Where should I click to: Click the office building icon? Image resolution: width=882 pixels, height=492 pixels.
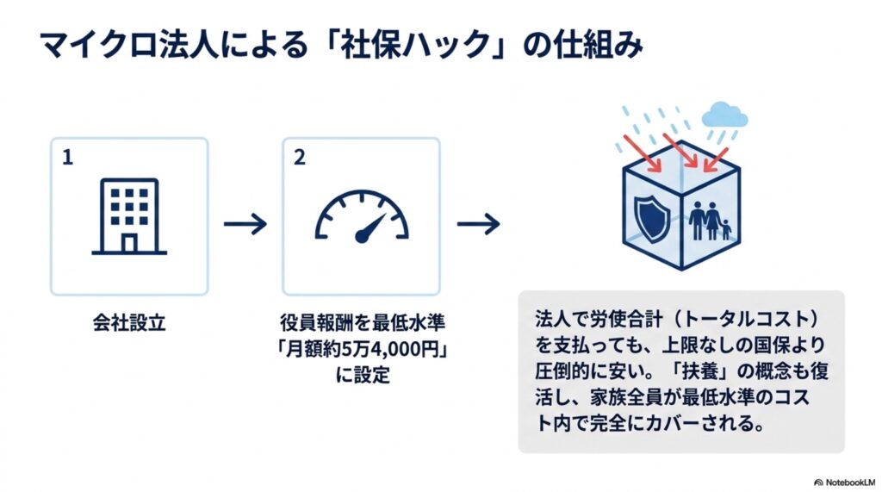[x=129, y=217]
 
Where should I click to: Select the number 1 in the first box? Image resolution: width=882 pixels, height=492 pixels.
[x=67, y=158]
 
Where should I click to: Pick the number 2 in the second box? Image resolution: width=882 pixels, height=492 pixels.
[x=300, y=158]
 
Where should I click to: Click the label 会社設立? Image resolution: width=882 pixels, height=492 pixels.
[x=129, y=323]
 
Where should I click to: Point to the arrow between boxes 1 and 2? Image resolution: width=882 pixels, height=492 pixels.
[x=245, y=224]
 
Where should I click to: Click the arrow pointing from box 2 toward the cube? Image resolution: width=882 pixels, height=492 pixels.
[x=478, y=224]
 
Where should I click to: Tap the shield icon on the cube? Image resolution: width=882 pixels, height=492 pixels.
[x=653, y=218]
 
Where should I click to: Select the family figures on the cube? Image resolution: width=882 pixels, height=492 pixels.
[x=710, y=221]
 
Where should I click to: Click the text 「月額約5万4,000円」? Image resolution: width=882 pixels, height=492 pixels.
[x=362, y=349]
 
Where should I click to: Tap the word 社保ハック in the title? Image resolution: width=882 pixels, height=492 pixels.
[x=416, y=45]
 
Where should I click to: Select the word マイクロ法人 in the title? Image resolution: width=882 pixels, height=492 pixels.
[x=128, y=45]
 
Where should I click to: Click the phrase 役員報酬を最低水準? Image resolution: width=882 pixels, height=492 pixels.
[x=363, y=323]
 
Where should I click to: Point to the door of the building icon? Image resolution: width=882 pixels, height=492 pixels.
[x=129, y=244]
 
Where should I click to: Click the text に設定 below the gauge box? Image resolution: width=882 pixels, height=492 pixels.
[x=363, y=375]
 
